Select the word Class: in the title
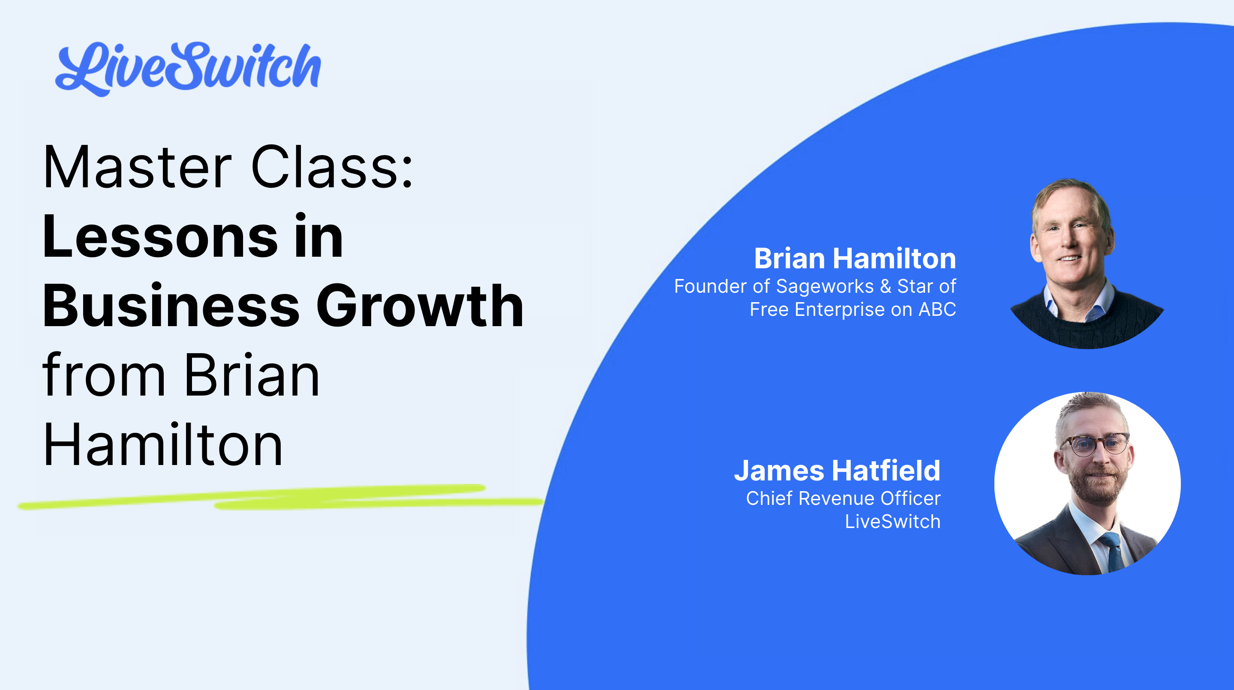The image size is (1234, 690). (332, 167)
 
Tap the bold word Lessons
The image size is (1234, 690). (160, 237)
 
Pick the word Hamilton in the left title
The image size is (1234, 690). (163, 444)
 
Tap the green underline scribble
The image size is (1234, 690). (280, 498)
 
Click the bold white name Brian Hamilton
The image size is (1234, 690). (855, 258)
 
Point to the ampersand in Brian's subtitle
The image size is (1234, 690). (885, 286)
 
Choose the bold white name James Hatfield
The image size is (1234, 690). (837, 470)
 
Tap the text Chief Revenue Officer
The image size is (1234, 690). (843, 498)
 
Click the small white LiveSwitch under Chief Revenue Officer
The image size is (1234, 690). (892, 522)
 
